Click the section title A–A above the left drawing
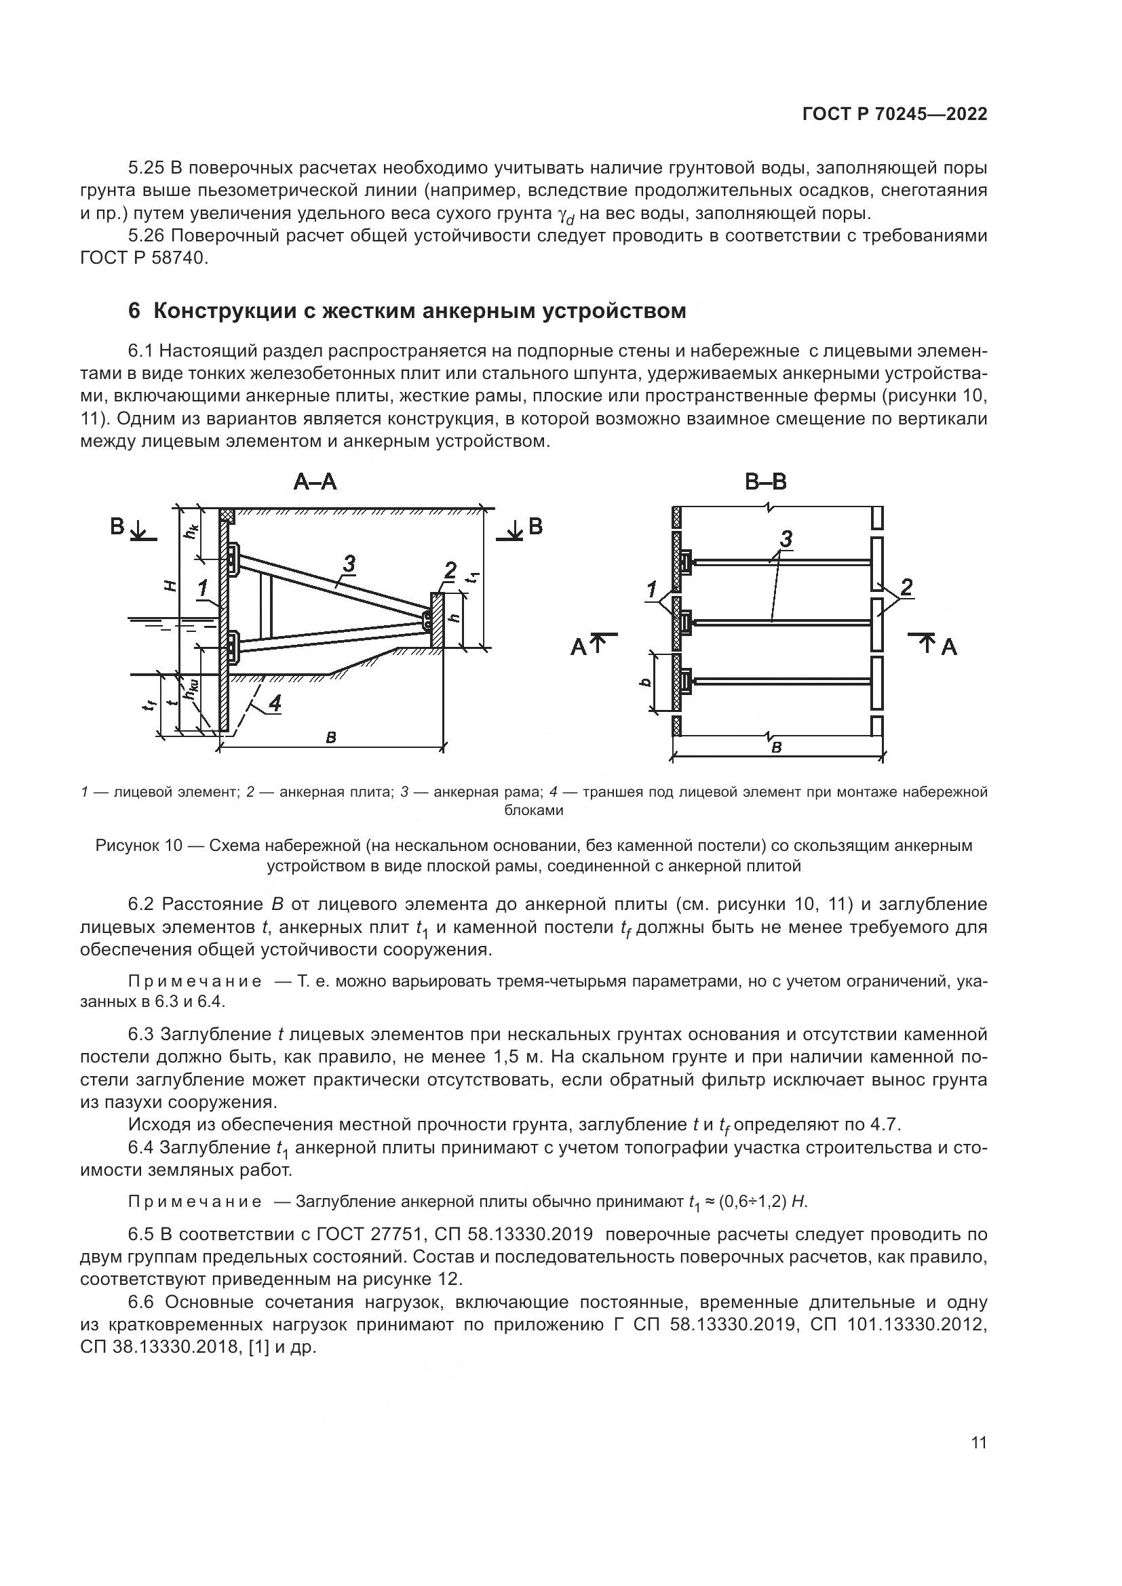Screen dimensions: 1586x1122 315,481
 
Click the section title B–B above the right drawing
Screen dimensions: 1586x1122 765,481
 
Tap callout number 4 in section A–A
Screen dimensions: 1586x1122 275,703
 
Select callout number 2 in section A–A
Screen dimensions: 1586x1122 450,570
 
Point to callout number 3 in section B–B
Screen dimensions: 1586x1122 786,540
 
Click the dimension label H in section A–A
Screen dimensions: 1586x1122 171,586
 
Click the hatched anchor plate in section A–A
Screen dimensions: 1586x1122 437,620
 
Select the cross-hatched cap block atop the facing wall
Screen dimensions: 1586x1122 228,516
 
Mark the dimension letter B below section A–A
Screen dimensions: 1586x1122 331,738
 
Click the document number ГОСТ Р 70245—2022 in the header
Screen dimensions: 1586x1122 895,115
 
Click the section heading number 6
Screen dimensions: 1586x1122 134,311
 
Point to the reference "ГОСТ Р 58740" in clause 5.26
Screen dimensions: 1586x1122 143,258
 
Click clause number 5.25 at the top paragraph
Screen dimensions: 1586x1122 145,168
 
